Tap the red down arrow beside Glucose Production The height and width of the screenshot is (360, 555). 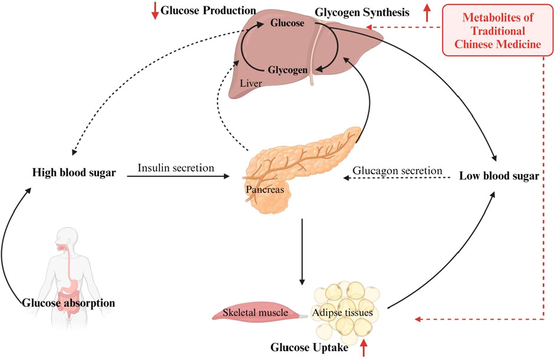point(155,11)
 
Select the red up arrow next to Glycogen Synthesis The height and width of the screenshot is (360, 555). point(427,12)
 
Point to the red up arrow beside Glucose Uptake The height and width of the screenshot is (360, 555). point(363,348)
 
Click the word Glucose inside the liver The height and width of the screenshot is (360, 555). point(287,24)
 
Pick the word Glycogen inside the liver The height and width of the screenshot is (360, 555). point(287,70)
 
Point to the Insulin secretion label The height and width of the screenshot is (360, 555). point(176,168)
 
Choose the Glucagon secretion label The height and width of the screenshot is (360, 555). point(398,171)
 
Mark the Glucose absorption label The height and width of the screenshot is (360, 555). point(68,303)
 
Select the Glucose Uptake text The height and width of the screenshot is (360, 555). point(307,348)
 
